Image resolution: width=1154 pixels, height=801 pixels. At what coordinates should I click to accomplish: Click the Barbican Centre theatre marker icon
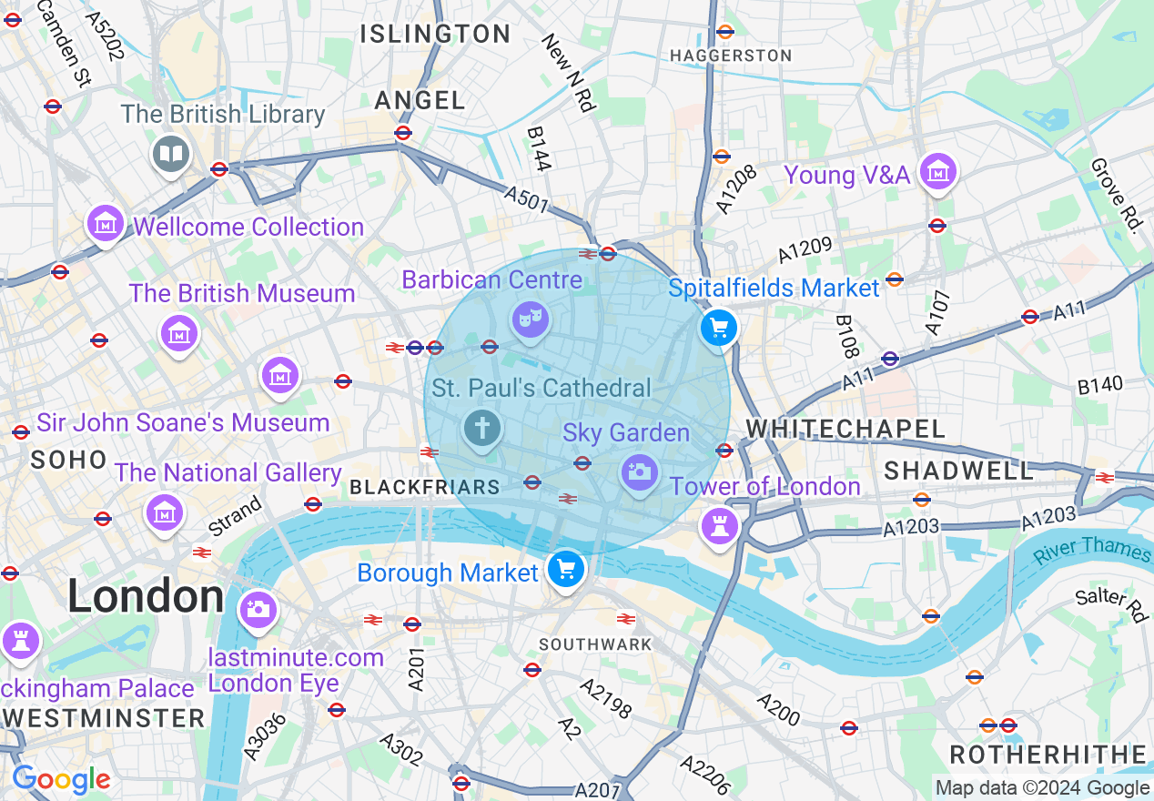530,319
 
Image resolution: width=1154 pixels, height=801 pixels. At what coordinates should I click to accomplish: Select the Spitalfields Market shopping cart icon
719,327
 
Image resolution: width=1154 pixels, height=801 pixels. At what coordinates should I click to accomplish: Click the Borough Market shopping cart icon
566,571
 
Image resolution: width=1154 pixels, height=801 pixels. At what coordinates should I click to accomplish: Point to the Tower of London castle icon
719,525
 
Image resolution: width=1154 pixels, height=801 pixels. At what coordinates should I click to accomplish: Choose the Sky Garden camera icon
639,471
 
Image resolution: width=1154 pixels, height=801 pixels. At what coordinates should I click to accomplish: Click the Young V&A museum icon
936,171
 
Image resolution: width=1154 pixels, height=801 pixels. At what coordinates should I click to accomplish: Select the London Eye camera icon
258,608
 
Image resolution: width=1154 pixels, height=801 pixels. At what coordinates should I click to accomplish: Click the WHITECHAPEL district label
845,429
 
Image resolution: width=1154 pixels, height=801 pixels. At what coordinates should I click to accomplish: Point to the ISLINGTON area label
435,35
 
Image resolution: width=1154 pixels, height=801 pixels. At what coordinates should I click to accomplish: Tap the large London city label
146,597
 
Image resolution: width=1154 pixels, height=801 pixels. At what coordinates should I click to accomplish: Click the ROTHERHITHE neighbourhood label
1048,755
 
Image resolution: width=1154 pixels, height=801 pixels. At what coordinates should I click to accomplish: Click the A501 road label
526,200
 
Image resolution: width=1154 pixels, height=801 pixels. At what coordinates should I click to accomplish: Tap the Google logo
61,779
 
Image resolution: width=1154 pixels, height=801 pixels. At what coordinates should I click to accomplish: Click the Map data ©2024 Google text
1042,788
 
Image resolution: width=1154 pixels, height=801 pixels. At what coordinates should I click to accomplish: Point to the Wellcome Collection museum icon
106,223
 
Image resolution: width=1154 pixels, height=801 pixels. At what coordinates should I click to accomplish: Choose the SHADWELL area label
959,471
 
